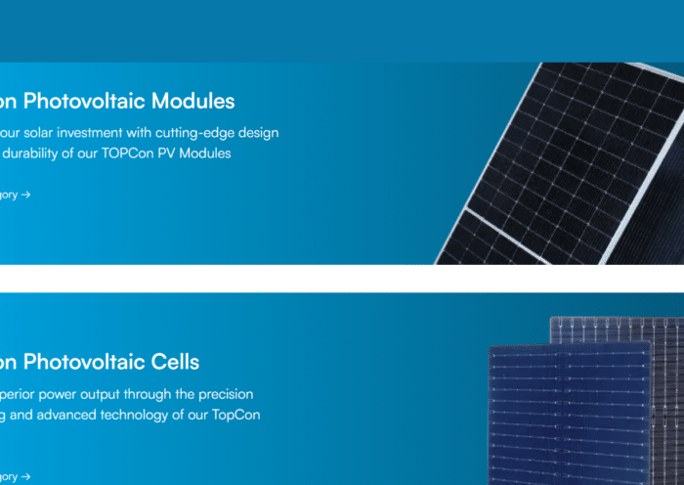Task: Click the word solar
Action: (x=45, y=132)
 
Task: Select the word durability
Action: (x=32, y=154)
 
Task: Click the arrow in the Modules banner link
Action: (x=25, y=195)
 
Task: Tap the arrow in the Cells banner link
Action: (x=25, y=476)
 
